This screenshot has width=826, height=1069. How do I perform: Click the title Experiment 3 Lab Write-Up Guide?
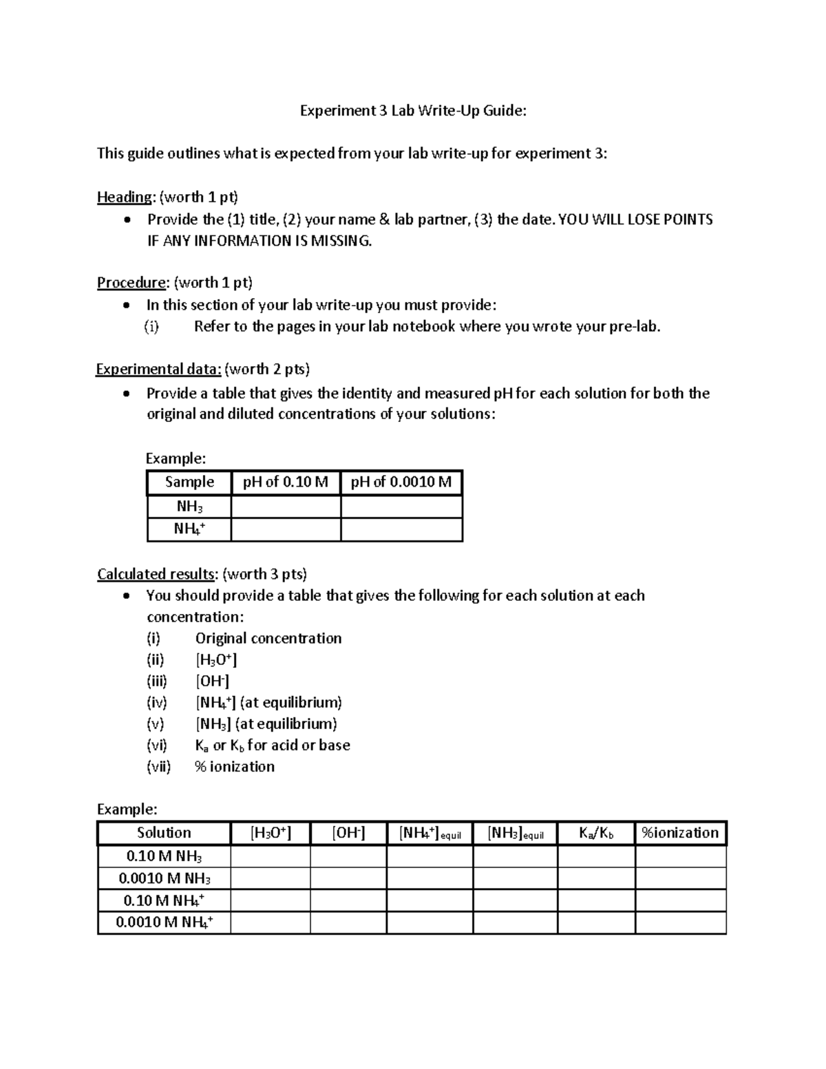pyautogui.click(x=412, y=111)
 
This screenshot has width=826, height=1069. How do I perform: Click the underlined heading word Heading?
pyautogui.click(x=124, y=198)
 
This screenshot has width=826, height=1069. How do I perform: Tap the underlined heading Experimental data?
pyautogui.click(x=158, y=370)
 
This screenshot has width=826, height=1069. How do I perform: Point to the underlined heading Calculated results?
pyautogui.click(x=156, y=574)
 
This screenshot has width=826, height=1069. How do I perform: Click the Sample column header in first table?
pyautogui.click(x=189, y=483)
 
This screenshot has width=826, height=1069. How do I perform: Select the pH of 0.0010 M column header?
pyautogui.click(x=401, y=483)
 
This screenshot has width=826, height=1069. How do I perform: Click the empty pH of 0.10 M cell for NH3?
pyautogui.click(x=286, y=507)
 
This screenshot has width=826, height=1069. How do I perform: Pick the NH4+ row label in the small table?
pyautogui.click(x=189, y=529)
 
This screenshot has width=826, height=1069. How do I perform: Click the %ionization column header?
pyautogui.click(x=680, y=833)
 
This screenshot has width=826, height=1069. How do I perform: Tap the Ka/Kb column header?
pyautogui.click(x=596, y=834)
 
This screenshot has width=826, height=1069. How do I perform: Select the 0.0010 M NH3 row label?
pyautogui.click(x=164, y=878)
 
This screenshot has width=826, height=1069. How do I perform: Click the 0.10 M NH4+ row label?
pyautogui.click(x=164, y=900)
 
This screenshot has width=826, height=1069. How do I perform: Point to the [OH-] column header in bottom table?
pyautogui.click(x=348, y=834)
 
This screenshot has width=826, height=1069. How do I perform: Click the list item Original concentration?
pyautogui.click(x=268, y=639)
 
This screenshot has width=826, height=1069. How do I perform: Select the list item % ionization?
pyautogui.click(x=235, y=767)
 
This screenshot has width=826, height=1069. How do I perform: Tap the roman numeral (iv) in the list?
pyautogui.click(x=156, y=703)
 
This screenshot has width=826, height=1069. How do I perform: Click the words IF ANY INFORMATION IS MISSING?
pyautogui.click(x=260, y=241)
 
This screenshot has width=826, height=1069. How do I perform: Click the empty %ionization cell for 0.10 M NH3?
pyautogui.click(x=680, y=857)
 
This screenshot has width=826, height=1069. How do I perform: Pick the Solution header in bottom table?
pyautogui.click(x=164, y=833)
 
